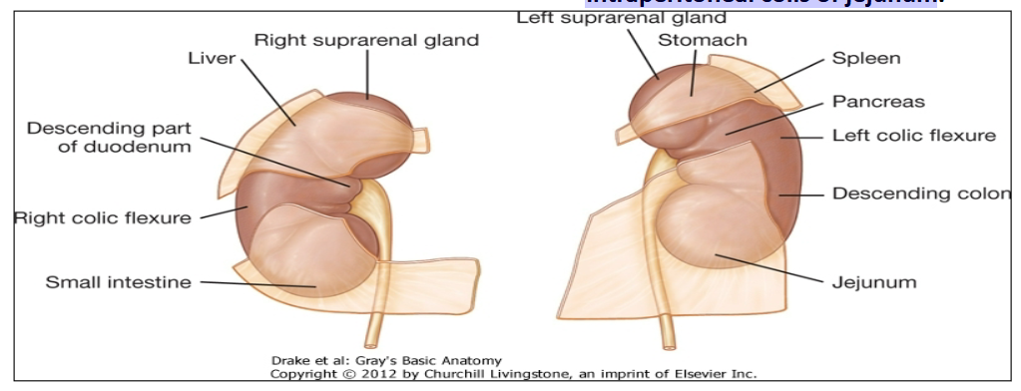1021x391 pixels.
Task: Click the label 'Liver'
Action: click(x=212, y=58)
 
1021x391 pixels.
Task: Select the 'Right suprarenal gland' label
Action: click(x=366, y=40)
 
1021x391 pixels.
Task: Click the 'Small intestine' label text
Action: click(x=118, y=282)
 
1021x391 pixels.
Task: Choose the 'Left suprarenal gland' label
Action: click(x=628, y=16)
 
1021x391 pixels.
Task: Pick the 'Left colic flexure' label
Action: click(x=914, y=135)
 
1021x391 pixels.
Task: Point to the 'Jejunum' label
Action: click(x=874, y=282)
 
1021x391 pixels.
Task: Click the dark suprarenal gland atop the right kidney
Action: click(x=365, y=108)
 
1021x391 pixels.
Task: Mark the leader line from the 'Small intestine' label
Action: click(x=255, y=285)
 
